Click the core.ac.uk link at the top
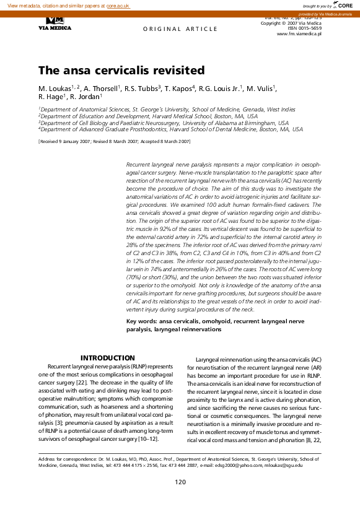(118, 5)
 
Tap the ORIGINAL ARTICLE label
(180, 29)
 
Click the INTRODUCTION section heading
(108, 358)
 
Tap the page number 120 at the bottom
(180, 482)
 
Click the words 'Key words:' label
(141, 322)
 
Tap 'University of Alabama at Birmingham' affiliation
(236, 123)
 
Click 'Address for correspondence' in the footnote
(67, 459)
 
